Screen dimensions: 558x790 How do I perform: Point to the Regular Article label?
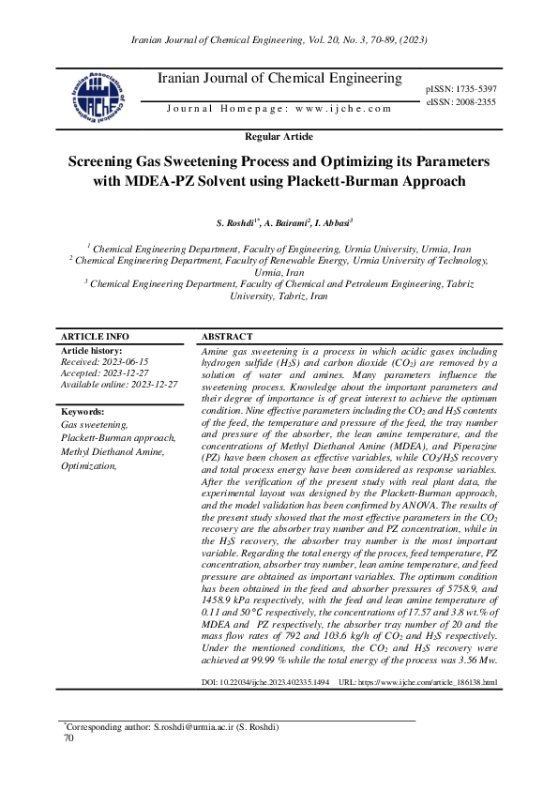coord(279,137)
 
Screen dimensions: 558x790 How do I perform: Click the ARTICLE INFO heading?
coord(95,337)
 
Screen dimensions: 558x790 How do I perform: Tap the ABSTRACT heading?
coord(227,337)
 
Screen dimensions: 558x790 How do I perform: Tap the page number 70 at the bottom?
coord(68,738)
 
